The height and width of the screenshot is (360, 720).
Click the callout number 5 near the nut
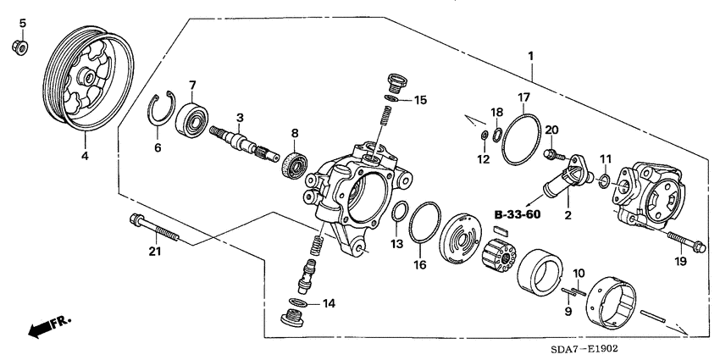click(23, 23)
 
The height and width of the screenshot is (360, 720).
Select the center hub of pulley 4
click(87, 78)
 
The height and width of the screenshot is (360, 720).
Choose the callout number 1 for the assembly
click(530, 57)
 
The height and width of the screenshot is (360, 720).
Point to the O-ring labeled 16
click(424, 230)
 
